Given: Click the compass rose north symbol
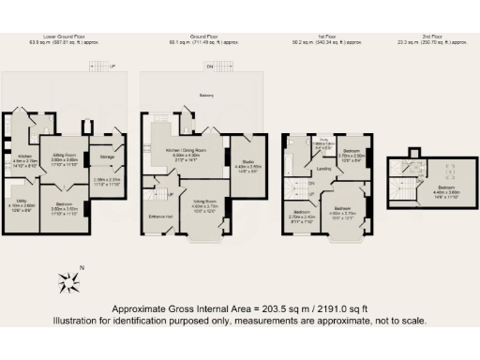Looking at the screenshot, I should tap(69, 278).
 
